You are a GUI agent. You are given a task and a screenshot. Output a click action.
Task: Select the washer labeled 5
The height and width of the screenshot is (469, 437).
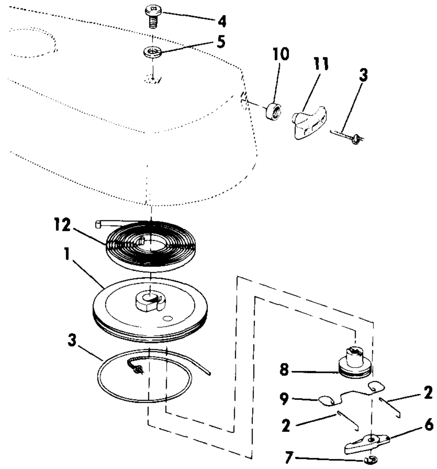(152, 53)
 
